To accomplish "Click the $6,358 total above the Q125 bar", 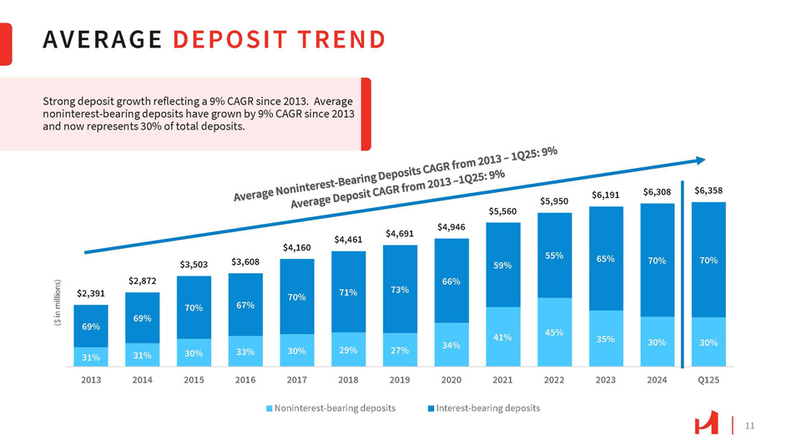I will (x=709, y=190).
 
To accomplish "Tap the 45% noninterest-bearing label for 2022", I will (x=554, y=332).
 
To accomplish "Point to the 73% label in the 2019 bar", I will (x=400, y=290).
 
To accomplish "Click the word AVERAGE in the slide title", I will (x=102, y=39).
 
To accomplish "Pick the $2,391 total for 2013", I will (x=92, y=293).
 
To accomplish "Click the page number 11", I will (x=749, y=426).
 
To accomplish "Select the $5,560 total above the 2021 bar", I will (x=503, y=210).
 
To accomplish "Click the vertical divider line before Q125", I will (x=684, y=276).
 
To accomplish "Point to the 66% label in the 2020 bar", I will (x=451, y=281).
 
